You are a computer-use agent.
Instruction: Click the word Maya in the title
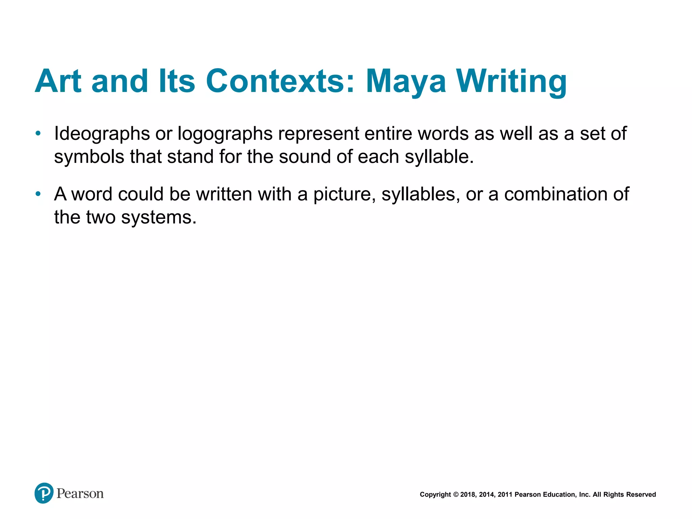pyautogui.click(x=406, y=82)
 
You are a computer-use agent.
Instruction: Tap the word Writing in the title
pyautogui.click(x=512, y=82)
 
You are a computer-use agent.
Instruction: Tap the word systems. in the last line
pyautogui.click(x=159, y=218)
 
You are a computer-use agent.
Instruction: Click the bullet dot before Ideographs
pyautogui.click(x=38, y=133)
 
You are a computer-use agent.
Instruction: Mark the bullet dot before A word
pyautogui.click(x=38, y=194)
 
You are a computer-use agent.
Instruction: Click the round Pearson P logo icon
pyautogui.click(x=44, y=493)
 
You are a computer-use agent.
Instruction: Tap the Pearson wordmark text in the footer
pyautogui.click(x=80, y=494)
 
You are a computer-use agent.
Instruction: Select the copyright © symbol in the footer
pyautogui.click(x=456, y=495)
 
